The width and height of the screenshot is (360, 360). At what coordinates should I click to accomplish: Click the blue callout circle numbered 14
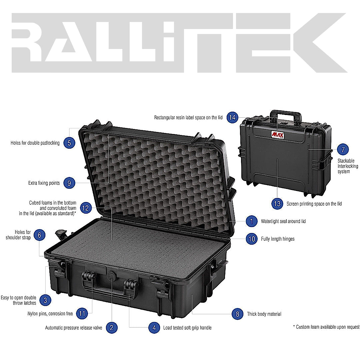[x=232, y=117]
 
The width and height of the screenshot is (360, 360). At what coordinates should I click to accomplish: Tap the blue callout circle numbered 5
[x=69, y=143]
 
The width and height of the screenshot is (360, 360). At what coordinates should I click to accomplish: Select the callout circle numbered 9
[x=69, y=183]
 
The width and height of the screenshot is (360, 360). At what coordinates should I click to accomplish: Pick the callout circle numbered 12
[x=86, y=208]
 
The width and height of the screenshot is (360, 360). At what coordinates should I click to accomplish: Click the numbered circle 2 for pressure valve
[x=112, y=327]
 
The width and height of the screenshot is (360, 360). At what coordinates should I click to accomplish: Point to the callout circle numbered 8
[x=237, y=314]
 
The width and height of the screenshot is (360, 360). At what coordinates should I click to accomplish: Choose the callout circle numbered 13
[x=277, y=204]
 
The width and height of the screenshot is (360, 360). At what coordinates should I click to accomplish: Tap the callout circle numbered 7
[x=343, y=149]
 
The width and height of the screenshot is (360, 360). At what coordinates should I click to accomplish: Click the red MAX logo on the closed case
[x=278, y=135]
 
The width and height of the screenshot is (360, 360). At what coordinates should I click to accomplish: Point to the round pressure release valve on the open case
[x=111, y=274]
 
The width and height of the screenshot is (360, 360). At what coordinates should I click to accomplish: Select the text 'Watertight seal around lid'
[x=283, y=221]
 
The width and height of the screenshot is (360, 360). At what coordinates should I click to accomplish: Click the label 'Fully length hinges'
[x=278, y=239]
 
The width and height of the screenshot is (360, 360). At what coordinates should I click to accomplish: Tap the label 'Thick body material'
[x=264, y=314]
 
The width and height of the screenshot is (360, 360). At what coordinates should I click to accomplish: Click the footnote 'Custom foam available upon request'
[x=326, y=327]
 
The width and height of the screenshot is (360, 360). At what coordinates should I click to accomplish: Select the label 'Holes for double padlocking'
[x=35, y=143]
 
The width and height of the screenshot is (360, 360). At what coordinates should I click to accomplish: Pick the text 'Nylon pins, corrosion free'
[x=50, y=314]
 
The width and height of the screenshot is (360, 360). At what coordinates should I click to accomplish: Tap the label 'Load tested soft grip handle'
[x=187, y=328]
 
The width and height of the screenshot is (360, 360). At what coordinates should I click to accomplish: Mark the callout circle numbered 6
[x=39, y=235]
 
